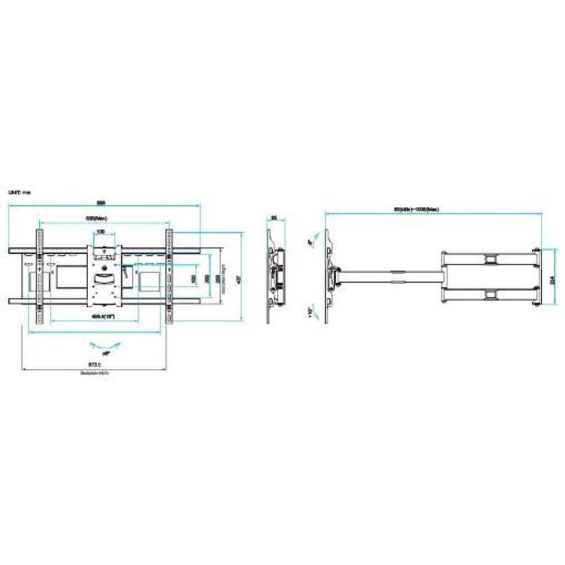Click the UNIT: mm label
pos(19,193)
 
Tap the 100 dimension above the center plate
pos(101,232)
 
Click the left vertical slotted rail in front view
pos(40,277)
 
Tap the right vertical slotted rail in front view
pos(168,277)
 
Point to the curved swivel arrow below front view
pos(105,344)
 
